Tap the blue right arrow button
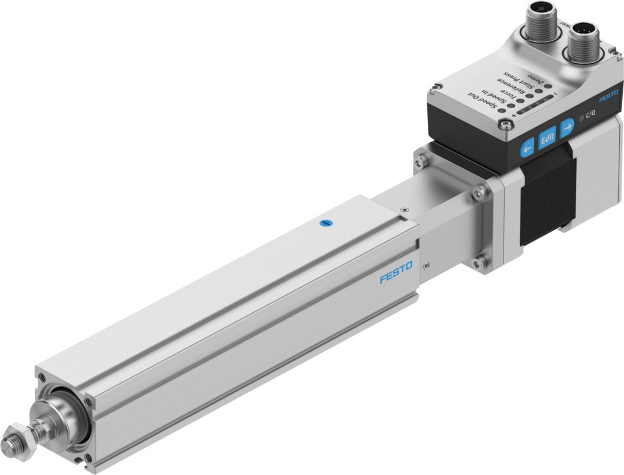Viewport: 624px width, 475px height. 567,126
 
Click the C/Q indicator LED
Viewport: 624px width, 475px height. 583,118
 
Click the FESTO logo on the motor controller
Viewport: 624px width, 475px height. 607,96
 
